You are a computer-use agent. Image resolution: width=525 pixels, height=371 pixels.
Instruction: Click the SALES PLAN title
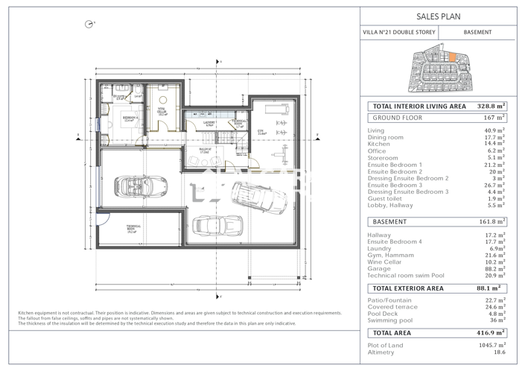(439, 16)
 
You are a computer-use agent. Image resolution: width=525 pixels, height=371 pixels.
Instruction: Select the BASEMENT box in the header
(477, 33)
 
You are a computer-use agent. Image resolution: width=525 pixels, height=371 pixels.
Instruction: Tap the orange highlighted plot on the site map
(440, 56)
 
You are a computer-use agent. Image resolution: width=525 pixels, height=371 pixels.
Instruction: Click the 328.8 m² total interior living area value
(491, 107)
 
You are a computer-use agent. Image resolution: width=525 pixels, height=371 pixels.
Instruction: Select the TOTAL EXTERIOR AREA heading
(407, 288)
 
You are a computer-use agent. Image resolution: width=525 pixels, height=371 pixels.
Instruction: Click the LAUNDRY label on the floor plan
(210, 123)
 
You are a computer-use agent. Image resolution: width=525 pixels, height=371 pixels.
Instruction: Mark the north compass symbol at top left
(89, 24)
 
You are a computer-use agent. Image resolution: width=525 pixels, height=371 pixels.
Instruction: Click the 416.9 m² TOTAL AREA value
(491, 333)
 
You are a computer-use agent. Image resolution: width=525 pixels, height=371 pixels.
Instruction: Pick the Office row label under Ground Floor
(378, 150)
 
